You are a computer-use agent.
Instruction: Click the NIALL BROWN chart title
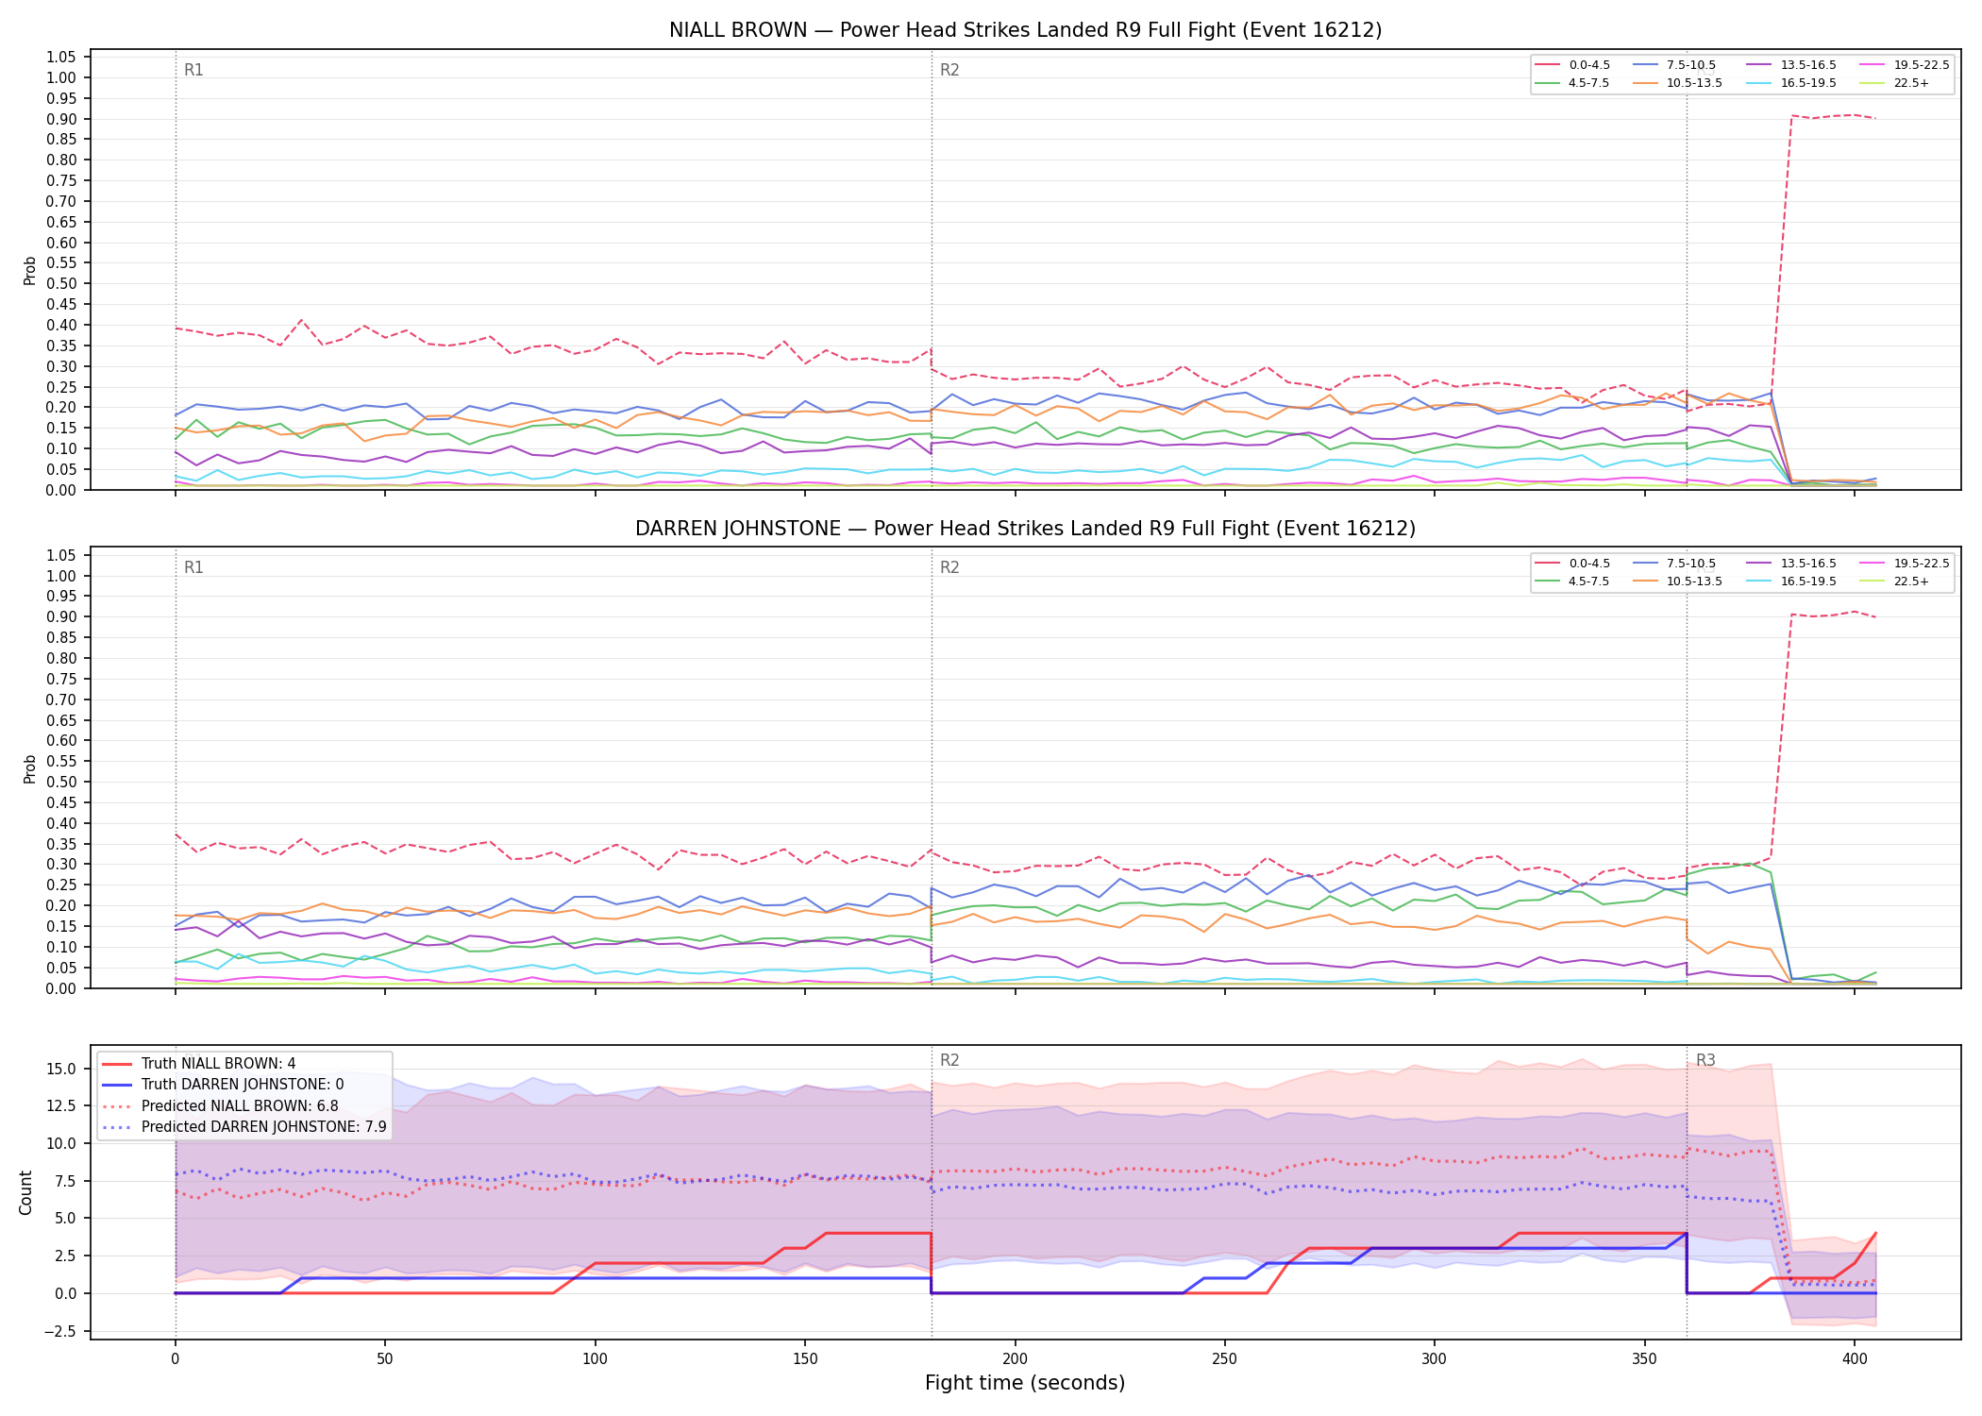1025,30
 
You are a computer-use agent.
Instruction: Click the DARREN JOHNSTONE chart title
1025,529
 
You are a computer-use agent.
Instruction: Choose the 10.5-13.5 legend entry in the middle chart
1678,582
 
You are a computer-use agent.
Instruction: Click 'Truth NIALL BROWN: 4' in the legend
198,1064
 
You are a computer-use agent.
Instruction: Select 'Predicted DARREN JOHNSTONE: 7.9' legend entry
244,1126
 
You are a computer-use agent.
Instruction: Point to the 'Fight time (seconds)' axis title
1025,1383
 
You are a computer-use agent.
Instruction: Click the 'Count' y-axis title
25,1192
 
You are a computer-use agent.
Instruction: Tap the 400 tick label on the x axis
1855,1359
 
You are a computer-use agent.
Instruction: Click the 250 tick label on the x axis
1224,1359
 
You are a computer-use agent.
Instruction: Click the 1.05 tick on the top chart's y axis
62,58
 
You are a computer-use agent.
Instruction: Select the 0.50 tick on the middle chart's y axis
62,782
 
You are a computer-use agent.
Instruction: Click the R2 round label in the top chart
949,70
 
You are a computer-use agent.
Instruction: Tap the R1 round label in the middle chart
193,567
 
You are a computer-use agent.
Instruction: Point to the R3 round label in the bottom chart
1705,1060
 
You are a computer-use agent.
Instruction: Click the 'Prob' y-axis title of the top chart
30,271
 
